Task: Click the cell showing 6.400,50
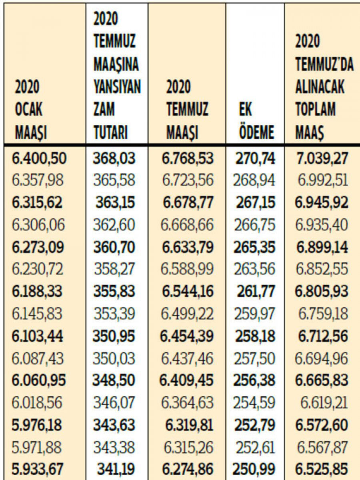(x=39, y=159)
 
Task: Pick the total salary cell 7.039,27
(x=322, y=159)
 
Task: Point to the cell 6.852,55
(x=322, y=269)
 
